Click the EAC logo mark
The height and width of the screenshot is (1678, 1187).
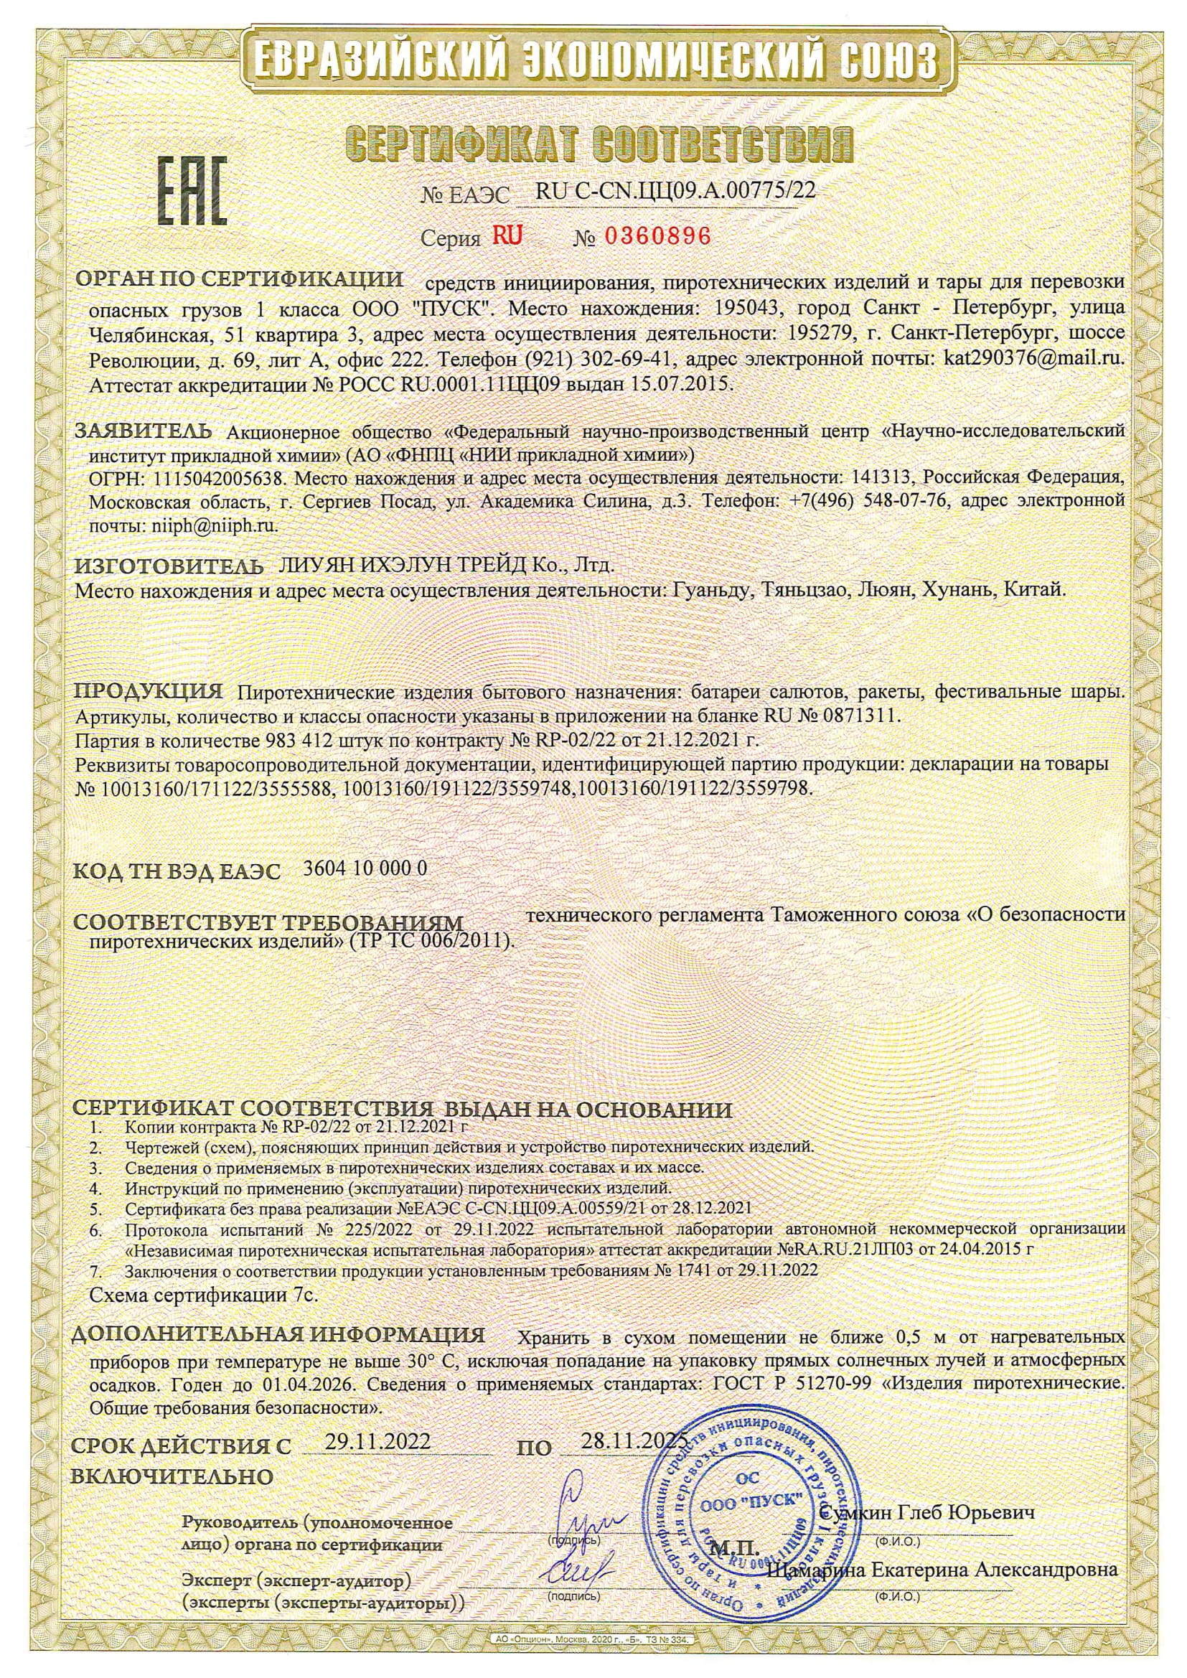[192, 191]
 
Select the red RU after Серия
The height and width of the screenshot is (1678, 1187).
[507, 235]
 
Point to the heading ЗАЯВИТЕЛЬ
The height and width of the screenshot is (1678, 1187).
[144, 431]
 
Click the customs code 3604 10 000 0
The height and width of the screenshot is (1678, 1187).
[365, 868]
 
